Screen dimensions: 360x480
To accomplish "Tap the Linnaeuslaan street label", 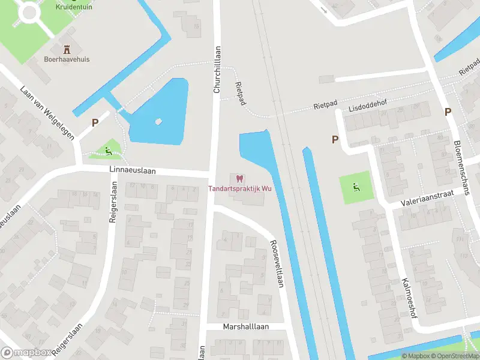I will pos(133,170).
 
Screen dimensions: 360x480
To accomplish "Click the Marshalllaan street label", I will pos(245,326).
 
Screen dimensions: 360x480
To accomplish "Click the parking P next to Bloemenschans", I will pos(448,112).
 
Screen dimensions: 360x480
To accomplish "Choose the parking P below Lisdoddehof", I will pos(335,139).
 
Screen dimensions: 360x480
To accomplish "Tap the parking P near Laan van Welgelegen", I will pos(95,122).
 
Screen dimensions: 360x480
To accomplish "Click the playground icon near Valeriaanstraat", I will pos(356,187).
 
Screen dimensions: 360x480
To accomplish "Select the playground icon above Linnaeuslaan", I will pos(108,151).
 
